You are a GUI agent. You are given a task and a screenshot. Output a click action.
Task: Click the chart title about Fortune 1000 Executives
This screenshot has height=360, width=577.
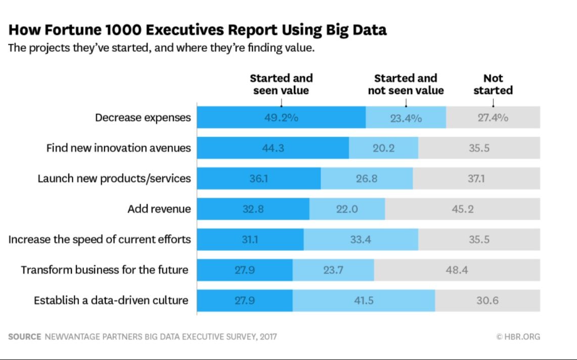197,30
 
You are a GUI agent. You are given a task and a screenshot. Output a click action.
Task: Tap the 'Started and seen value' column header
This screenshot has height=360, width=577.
281,84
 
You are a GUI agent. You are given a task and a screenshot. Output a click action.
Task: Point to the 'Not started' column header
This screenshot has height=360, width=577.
493,84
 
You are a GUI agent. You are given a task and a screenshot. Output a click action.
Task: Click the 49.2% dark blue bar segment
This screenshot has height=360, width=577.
281,117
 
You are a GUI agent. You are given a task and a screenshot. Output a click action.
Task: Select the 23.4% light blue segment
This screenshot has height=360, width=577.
406,117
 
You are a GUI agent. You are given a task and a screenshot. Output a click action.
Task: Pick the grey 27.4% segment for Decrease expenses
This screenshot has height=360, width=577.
493,117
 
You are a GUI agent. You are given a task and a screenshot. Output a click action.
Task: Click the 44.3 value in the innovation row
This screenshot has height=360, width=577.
273,148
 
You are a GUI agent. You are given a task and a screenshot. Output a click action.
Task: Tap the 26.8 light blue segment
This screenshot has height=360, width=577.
367,178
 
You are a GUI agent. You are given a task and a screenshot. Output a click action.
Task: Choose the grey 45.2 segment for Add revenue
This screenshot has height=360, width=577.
462,209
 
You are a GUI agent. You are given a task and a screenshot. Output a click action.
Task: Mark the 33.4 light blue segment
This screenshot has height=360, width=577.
361,239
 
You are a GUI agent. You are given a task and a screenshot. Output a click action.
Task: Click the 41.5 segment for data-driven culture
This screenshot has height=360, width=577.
364,300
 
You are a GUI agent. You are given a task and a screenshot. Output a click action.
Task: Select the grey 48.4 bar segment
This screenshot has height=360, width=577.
457,270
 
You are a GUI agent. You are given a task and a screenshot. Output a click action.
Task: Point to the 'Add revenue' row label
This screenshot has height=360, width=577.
159,209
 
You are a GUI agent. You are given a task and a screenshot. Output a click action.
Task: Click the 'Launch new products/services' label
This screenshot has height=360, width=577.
114,178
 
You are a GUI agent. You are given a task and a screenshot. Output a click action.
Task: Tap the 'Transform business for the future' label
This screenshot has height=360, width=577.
104,270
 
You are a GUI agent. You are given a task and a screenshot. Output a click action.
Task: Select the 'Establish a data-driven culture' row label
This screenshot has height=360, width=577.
111,300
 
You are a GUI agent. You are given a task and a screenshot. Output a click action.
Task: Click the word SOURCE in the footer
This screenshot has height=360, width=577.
24,336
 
